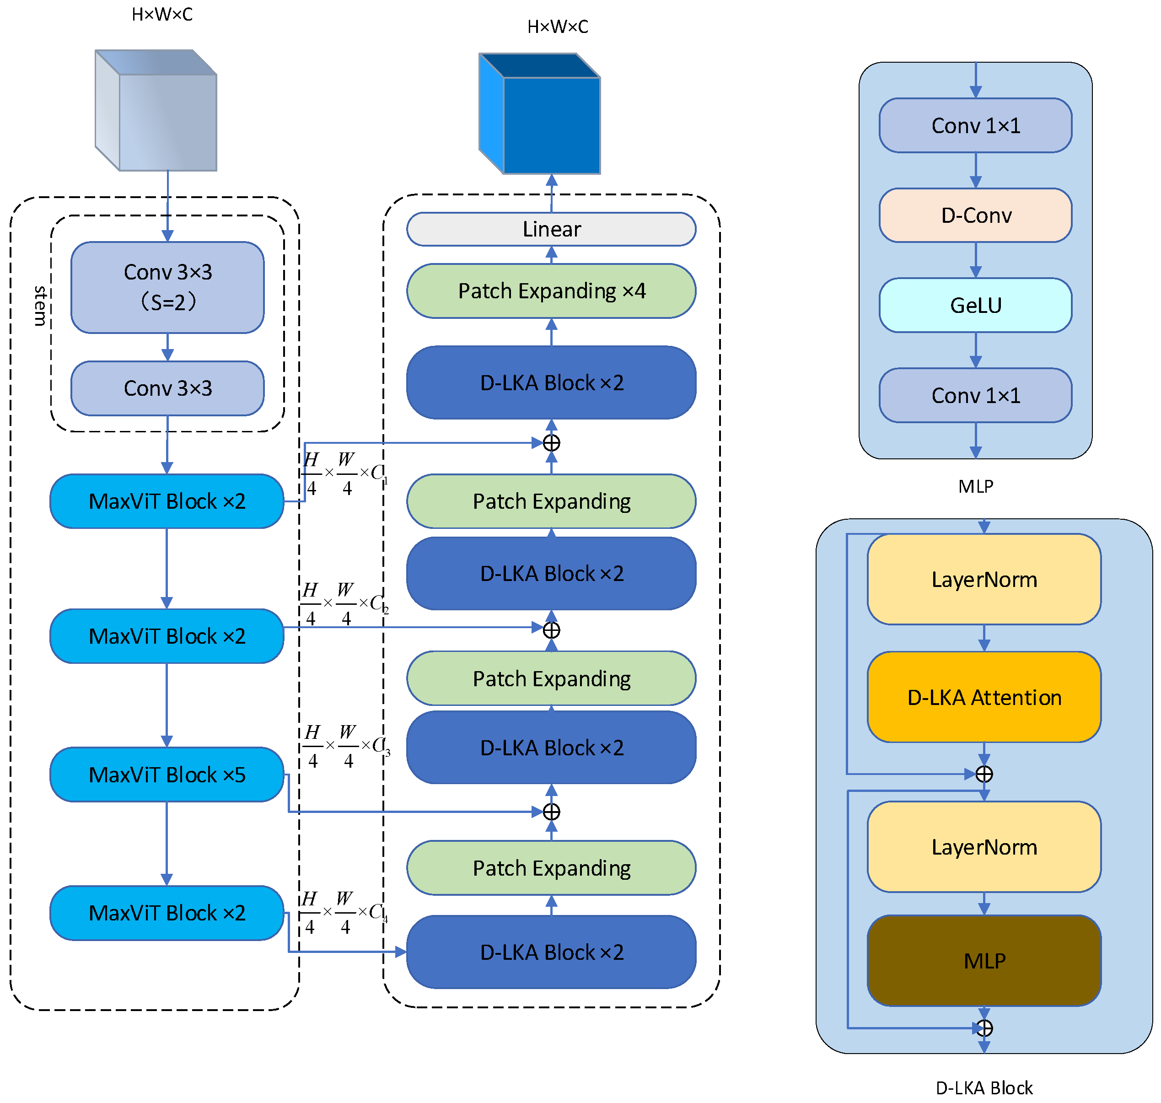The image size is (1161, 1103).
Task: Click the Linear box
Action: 551,229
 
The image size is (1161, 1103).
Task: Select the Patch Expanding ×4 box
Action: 551,291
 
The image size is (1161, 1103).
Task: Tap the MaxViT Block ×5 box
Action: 167,775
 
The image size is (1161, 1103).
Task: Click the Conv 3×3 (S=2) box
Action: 167,287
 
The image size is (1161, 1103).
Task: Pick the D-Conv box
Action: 975,215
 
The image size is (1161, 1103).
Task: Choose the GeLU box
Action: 975,305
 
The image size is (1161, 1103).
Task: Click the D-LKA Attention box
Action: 984,697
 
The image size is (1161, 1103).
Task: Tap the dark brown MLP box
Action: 984,961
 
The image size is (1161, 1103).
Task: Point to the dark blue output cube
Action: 540,113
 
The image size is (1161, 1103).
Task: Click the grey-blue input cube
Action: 156,110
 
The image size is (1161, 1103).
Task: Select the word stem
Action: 40,306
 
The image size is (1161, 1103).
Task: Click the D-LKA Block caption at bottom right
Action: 984,1088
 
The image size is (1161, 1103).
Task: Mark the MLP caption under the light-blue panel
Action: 976,486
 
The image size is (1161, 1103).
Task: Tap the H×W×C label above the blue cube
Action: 557,27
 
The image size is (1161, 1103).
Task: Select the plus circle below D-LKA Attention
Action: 984,774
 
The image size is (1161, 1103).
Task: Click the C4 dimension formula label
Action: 344,913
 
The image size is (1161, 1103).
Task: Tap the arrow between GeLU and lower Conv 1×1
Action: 976,350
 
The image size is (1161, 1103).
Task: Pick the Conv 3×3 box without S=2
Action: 167,388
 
